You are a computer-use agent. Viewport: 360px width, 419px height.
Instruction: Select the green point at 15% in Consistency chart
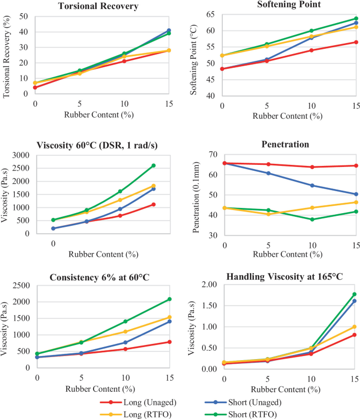click(169, 299)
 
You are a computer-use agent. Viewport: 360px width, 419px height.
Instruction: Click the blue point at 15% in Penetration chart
click(356, 194)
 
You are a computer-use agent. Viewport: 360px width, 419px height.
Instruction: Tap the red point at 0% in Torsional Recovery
click(35, 87)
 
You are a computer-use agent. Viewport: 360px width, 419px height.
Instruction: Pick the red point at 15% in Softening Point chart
click(356, 42)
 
